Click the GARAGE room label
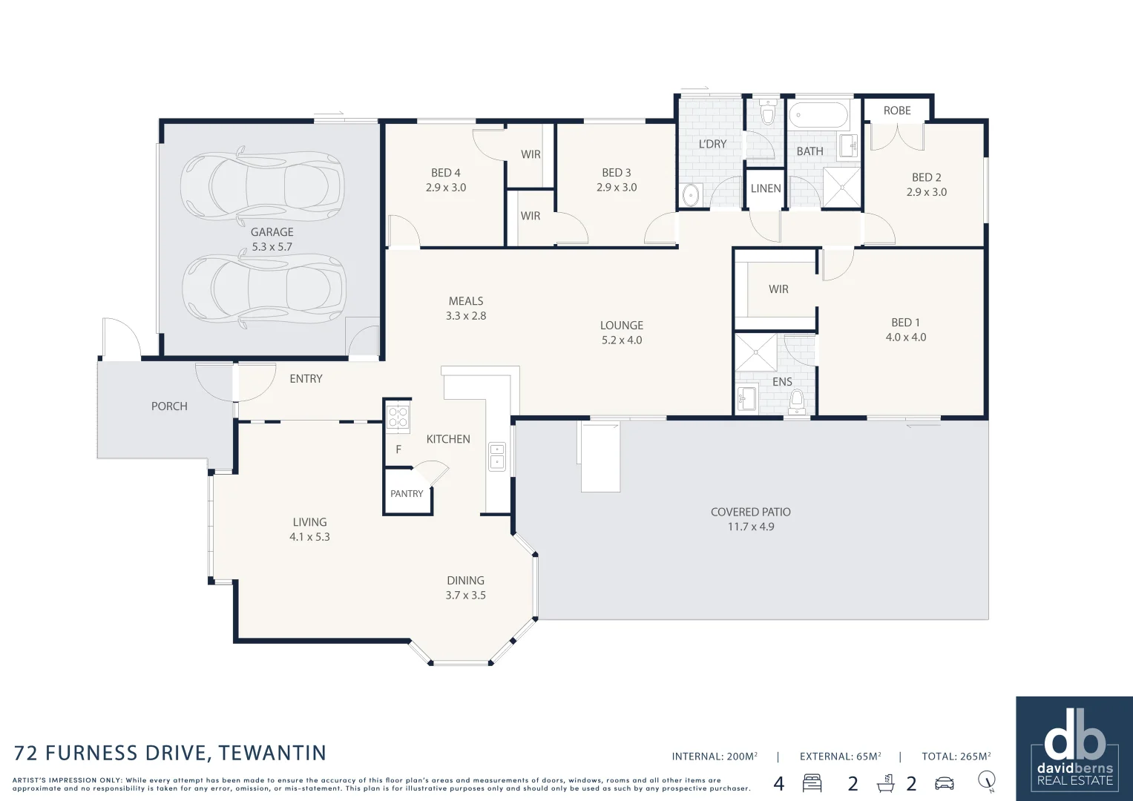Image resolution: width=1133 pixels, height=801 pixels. [272, 232]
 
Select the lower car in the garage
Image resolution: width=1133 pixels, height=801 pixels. [263, 288]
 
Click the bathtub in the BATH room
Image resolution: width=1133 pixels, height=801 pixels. [818, 116]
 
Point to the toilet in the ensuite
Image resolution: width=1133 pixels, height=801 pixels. [797, 401]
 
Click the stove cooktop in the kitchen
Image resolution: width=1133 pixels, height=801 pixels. [398, 417]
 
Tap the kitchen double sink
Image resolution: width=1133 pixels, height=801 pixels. [496, 456]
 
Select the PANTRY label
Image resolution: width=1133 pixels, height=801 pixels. [407, 494]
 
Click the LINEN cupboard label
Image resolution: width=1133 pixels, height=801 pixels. [765, 188]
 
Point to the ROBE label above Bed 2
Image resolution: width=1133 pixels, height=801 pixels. [896, 111]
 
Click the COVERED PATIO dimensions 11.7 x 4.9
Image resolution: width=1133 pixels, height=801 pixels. [750, 527]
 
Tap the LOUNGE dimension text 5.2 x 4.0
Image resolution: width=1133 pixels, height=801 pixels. [621, 340]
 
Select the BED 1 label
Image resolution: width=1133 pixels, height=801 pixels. [905, 323]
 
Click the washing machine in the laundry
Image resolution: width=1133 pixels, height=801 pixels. [691, 196]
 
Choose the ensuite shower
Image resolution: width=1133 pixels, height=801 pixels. [755, 352]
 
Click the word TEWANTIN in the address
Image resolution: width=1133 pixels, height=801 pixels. [272, 754]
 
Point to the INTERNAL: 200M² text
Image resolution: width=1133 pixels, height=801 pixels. [714, 756]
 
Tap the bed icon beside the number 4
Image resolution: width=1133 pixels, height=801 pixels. [812, 783]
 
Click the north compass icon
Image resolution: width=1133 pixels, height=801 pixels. [986, 781]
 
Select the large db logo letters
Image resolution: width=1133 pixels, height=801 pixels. [1074, 734]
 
